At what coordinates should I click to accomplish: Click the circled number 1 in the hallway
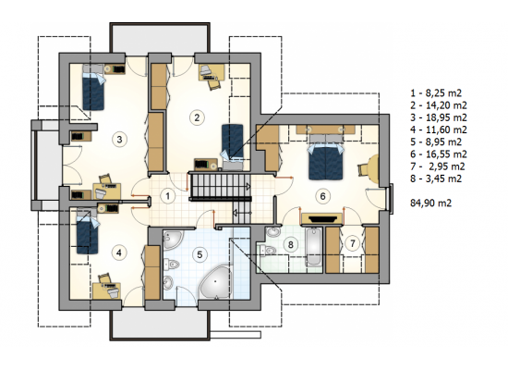[x=167, y=196]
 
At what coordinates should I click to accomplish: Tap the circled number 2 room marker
[x=197, y=117]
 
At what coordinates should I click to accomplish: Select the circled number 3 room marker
[x=119, y=140]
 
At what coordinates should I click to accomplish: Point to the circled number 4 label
[x=119, y=253]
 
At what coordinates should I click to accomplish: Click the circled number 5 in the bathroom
[x=200, y=254]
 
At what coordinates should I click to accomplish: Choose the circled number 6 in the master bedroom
[x=322, y=196]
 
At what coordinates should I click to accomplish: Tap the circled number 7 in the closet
[x=353, y=243]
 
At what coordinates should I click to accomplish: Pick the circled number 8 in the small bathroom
[x=291, y=244]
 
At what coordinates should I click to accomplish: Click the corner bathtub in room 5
[x=215, y=283]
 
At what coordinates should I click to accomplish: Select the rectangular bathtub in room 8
[x=313, y=246]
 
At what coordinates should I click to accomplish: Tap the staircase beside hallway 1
[x=221, y=186]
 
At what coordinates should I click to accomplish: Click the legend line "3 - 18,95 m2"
[x=439, y=117]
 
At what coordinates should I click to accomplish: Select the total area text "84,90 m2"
[x=431, y=203]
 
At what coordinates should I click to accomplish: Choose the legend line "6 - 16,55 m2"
[x=439, y=154]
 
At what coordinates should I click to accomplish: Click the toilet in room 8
[x=268, y=251]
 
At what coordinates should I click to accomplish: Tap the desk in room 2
[x=212, y=72]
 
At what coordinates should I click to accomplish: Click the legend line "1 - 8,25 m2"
[x=436, y=93]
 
